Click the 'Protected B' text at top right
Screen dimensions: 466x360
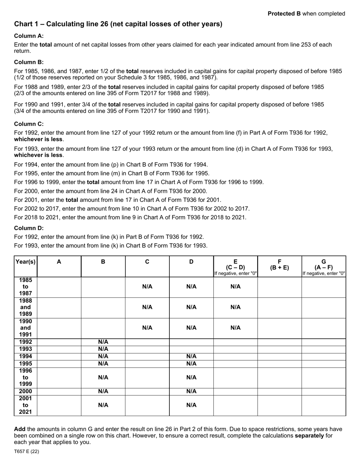point(281,14)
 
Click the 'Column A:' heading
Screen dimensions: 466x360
point(29,36)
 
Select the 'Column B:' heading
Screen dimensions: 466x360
point(29,62)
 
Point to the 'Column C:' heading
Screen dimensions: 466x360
point(29,124)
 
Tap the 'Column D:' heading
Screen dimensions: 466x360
point(29,228)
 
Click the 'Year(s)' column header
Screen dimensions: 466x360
point(25,261)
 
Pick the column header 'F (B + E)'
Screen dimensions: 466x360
point(279,264)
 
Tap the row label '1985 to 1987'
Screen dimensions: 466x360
point(25,287)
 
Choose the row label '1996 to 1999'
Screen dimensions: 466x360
point(25,378)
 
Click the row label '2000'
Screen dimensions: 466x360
point(25,391)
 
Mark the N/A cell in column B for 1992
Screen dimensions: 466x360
point(103,342)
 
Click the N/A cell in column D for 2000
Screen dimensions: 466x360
point(191,391)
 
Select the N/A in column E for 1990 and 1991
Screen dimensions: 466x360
point(235,328)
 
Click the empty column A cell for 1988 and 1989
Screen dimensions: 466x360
point(59,307)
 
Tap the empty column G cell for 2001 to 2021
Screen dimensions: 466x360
point(324,405)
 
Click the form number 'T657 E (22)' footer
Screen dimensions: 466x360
point(27,452)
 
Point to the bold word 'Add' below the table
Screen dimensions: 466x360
point(20,429)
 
